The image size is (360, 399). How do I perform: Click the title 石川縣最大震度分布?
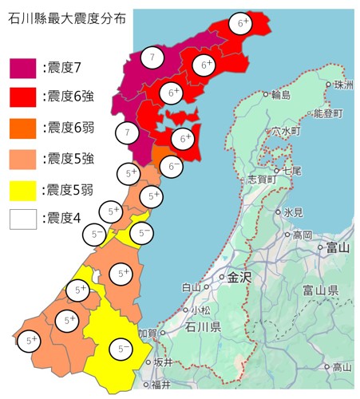(x=70, y=16)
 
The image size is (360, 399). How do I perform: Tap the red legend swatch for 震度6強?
(x=22, y=97)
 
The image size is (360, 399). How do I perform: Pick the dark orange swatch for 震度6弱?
(x=22, y=128)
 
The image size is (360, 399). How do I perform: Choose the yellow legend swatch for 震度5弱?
(x=22, y=189)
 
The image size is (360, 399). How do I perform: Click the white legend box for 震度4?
(x=22, y=219)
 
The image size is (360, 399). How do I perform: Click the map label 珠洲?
(x=343, y=84)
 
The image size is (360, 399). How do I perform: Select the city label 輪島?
(x=281, y=96)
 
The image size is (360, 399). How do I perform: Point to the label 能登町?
(x=328, y=114)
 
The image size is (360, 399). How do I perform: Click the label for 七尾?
(x=293, y=171)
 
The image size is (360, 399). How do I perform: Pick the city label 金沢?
(x=239, y=279)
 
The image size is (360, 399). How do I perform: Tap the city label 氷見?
(x=293, y=213)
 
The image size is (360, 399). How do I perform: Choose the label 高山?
(x=342, y=368)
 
